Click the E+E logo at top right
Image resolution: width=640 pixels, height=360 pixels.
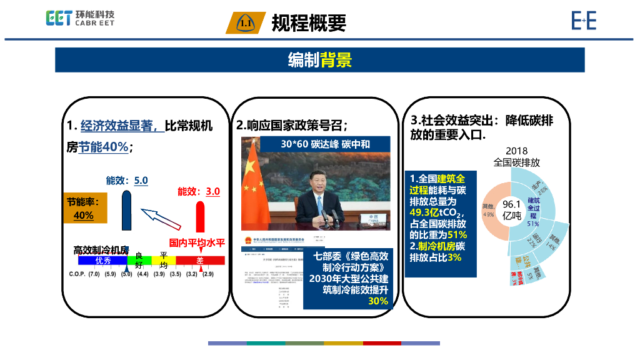click(584, 21)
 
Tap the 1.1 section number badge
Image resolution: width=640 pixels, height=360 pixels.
click(245, 24)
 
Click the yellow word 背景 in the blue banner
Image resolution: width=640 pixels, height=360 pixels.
click(336, 60)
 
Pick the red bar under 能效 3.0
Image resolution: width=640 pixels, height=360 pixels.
click(201, 216)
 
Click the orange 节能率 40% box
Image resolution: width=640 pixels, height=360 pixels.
click(84, 208)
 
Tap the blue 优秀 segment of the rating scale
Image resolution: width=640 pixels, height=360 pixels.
click(102, 261)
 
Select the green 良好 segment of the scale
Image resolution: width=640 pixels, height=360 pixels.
click(139, 261)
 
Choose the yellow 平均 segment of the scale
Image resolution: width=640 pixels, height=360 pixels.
click(163, 261)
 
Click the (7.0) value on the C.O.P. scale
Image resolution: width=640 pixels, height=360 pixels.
click(94, 274)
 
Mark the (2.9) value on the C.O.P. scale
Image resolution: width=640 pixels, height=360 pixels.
click(207, 274)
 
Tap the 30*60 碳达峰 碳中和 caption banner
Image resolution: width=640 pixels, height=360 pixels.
click(316, 144)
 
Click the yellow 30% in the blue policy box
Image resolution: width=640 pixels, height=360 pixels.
click(377, 301)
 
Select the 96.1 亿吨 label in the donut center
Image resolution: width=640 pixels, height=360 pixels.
click(511, 209)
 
